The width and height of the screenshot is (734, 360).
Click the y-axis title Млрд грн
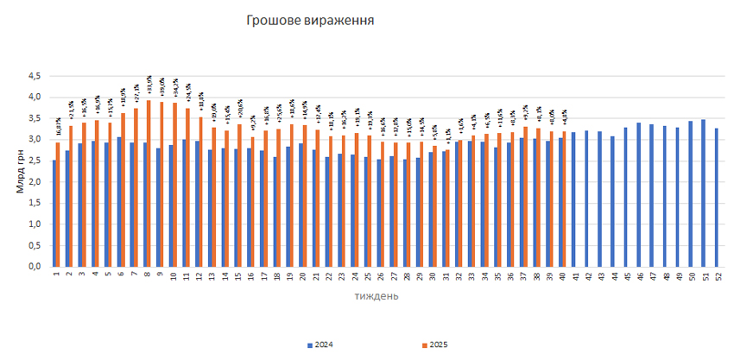[x=20, y=172]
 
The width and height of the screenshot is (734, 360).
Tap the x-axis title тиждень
[x=376, y=296]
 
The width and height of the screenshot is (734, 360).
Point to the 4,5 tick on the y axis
[x=34, y=76]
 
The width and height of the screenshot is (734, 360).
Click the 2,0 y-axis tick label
[x=34, y=182]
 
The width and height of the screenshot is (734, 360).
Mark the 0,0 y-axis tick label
[x=34, y=267]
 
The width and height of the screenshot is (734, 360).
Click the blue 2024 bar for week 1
[x=54, y=213]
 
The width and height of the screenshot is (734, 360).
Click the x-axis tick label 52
[x=718, y=276]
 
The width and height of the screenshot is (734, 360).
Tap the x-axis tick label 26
[x=380, y=276]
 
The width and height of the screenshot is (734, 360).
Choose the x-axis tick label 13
[x=212, y=276]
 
